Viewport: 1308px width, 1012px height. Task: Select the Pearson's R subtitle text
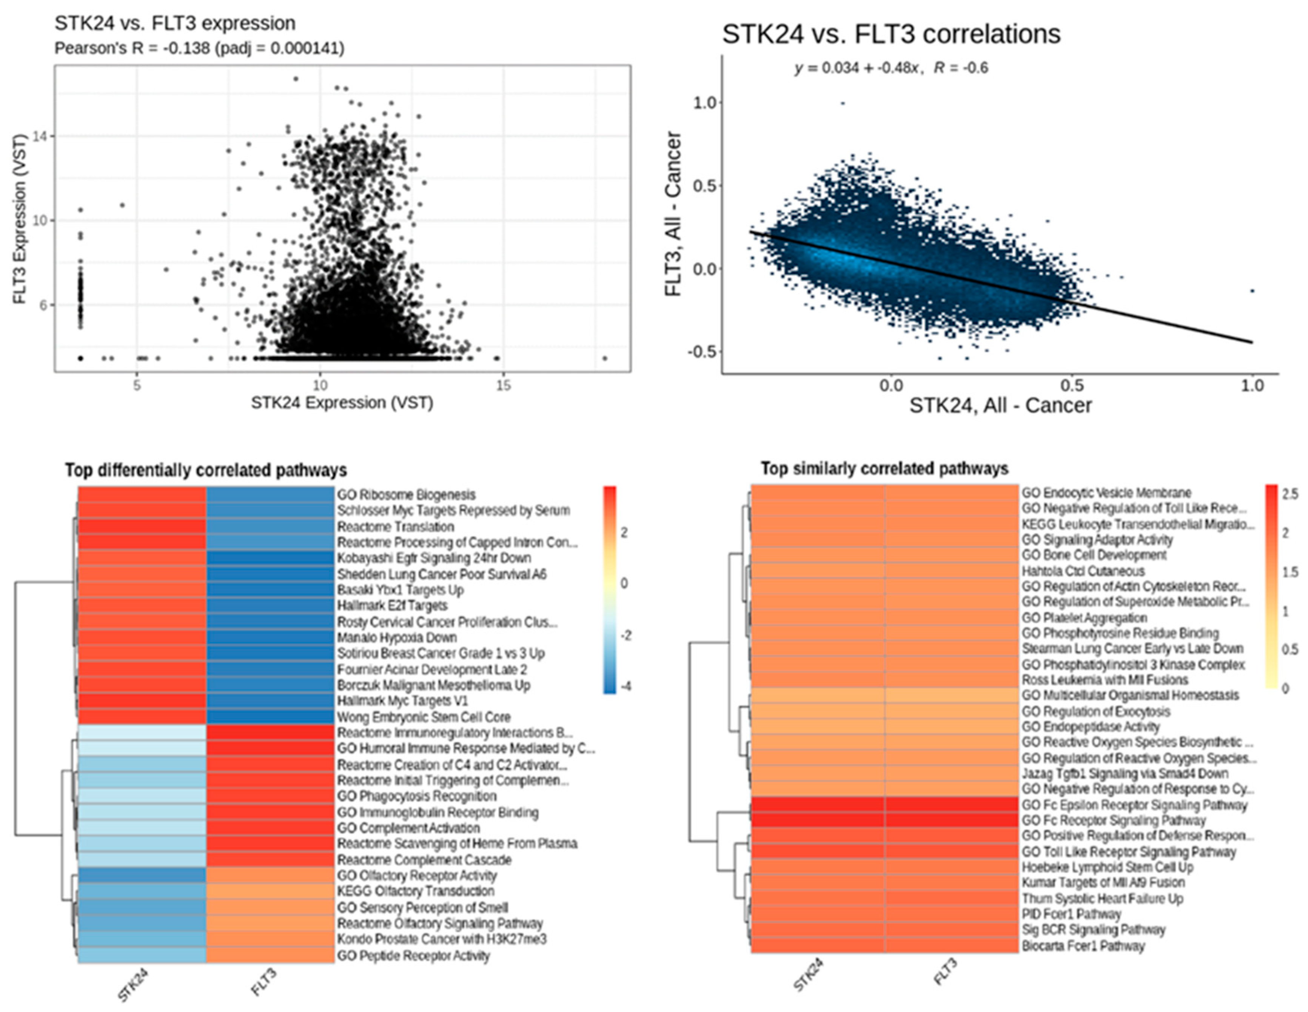click(x=199, y=48)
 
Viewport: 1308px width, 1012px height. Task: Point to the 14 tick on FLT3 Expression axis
click(x=40, y=136)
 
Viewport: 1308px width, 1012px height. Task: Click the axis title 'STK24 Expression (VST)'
click(x=342, y=403)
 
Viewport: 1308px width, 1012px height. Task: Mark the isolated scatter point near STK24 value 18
click(x=605, y=358)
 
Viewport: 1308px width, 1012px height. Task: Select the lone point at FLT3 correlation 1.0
click(x=843, y=103)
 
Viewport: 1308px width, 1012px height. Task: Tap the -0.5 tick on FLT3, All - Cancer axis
click(x=702, y=351)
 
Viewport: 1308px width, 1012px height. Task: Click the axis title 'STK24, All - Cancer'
click(x=1000, y=406)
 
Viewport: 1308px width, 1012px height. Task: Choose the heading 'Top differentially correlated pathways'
click(x=206, y=470)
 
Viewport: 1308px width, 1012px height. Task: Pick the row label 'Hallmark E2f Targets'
click(x=392, y=606)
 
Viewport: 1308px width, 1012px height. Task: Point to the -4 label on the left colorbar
click(x=626, y=686)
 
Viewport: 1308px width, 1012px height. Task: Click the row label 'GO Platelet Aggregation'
click(x=1085, y=617)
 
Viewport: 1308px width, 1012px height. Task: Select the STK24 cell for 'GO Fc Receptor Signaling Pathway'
click(x=818, y=820)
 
